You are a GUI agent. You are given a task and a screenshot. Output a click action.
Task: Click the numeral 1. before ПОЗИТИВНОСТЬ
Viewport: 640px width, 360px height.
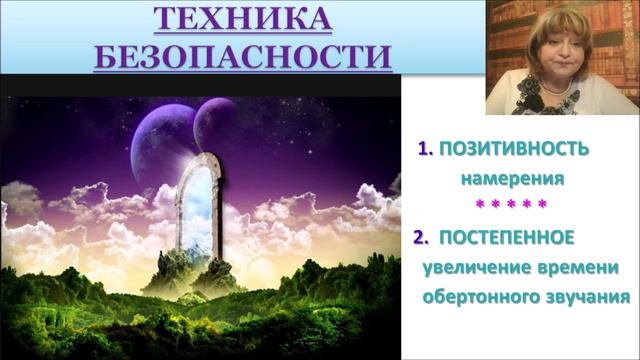(425, 149)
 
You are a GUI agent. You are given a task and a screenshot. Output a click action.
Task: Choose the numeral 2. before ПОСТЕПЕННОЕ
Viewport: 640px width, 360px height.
(420, 238)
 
